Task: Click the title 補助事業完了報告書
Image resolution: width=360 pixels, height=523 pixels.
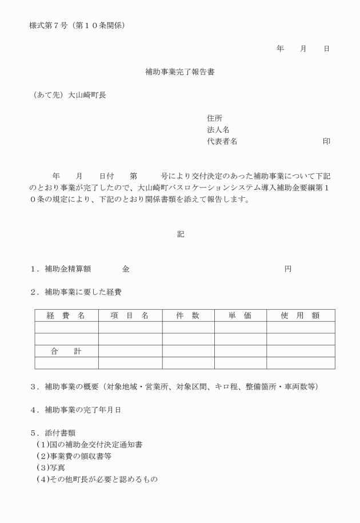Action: pyautogui.click(x=180, y=73)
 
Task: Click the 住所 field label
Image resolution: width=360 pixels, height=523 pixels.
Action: pyautogui.click(x=214, y=118)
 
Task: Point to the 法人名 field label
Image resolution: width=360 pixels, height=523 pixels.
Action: pyautogui.click(x=218, y=130)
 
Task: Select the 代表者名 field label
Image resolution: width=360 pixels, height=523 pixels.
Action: pyautogui.click(x=222, y=141)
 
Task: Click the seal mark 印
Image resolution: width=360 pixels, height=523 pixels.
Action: pyautogui.click(x=326, y=141)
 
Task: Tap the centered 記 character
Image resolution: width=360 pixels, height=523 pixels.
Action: pyautogui.click(x=181, y=234)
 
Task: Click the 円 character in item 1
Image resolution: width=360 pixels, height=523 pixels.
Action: pyautogui.click(x=288, y=269)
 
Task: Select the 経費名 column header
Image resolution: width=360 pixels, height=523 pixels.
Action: pyautogui.click(x=66, y=315)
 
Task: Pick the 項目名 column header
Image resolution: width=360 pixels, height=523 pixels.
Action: pyautogui.click(x=130, y=315)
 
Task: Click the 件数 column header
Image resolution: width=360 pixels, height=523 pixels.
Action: pyautogui.click(x=187, y=315)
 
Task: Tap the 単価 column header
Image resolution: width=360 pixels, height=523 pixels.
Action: pyautogui.click(x=240, y=315)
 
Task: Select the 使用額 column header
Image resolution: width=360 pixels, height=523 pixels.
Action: pyautogui.click(x=300, y=315)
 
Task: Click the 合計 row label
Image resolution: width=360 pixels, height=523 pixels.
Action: pyautogui.click(x=66, y=351)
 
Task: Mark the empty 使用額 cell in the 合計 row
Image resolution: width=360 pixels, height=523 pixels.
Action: pyautogui.click(x=300, y=351)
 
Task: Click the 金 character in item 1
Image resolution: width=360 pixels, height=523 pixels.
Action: pyautogui.click(x=126, y=269)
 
